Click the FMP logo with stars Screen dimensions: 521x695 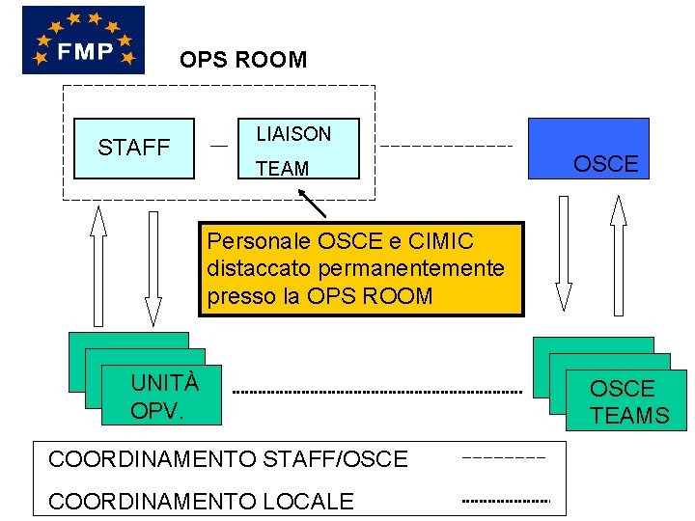coord(83,40)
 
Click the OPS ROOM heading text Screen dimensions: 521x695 coord(243,60)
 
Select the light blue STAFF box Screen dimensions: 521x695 coord(135,148)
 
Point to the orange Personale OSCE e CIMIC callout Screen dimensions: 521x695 coord(361,269)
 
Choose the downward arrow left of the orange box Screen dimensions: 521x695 coord(153,268)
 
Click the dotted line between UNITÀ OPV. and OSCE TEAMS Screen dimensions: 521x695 coord(376,393)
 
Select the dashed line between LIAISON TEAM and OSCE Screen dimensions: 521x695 coord(446,146)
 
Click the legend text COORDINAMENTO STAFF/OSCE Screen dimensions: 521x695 coord(228,459)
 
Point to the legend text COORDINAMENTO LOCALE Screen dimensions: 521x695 coord(201,501)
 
